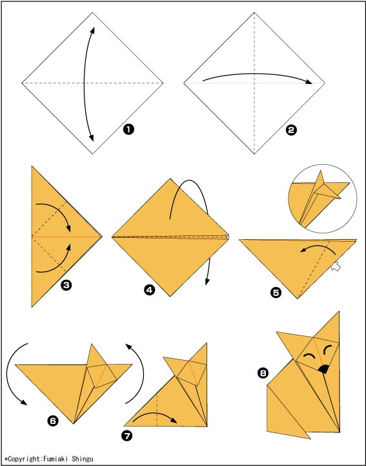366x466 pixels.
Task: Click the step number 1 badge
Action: point(128,129)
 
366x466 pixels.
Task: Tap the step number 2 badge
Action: point(291,130)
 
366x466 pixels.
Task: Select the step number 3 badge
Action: point(66,285)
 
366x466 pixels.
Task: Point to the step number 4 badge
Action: point(150,290)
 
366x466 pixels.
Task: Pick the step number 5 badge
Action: point(276,293)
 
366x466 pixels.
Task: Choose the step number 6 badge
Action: point(53,421)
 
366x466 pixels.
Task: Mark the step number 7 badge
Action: point(127,436)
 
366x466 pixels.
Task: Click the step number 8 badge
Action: point(263,373)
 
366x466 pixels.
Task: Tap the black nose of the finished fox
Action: point(323,369)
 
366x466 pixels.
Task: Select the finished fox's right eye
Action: point(328,350)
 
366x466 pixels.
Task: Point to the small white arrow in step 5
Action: point(336,266)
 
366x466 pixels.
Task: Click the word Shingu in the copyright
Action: point(83,459)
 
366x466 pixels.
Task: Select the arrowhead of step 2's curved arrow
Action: point(309,82)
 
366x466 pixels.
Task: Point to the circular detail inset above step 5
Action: point(323,198)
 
